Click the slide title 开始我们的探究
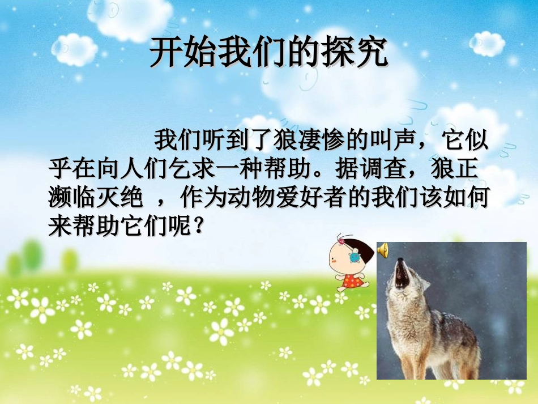pyautogui.click(x=268, y=54)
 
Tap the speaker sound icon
pyautogui.click(x=383, y=249)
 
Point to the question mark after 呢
pyautogui.click(x=198, y=228)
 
